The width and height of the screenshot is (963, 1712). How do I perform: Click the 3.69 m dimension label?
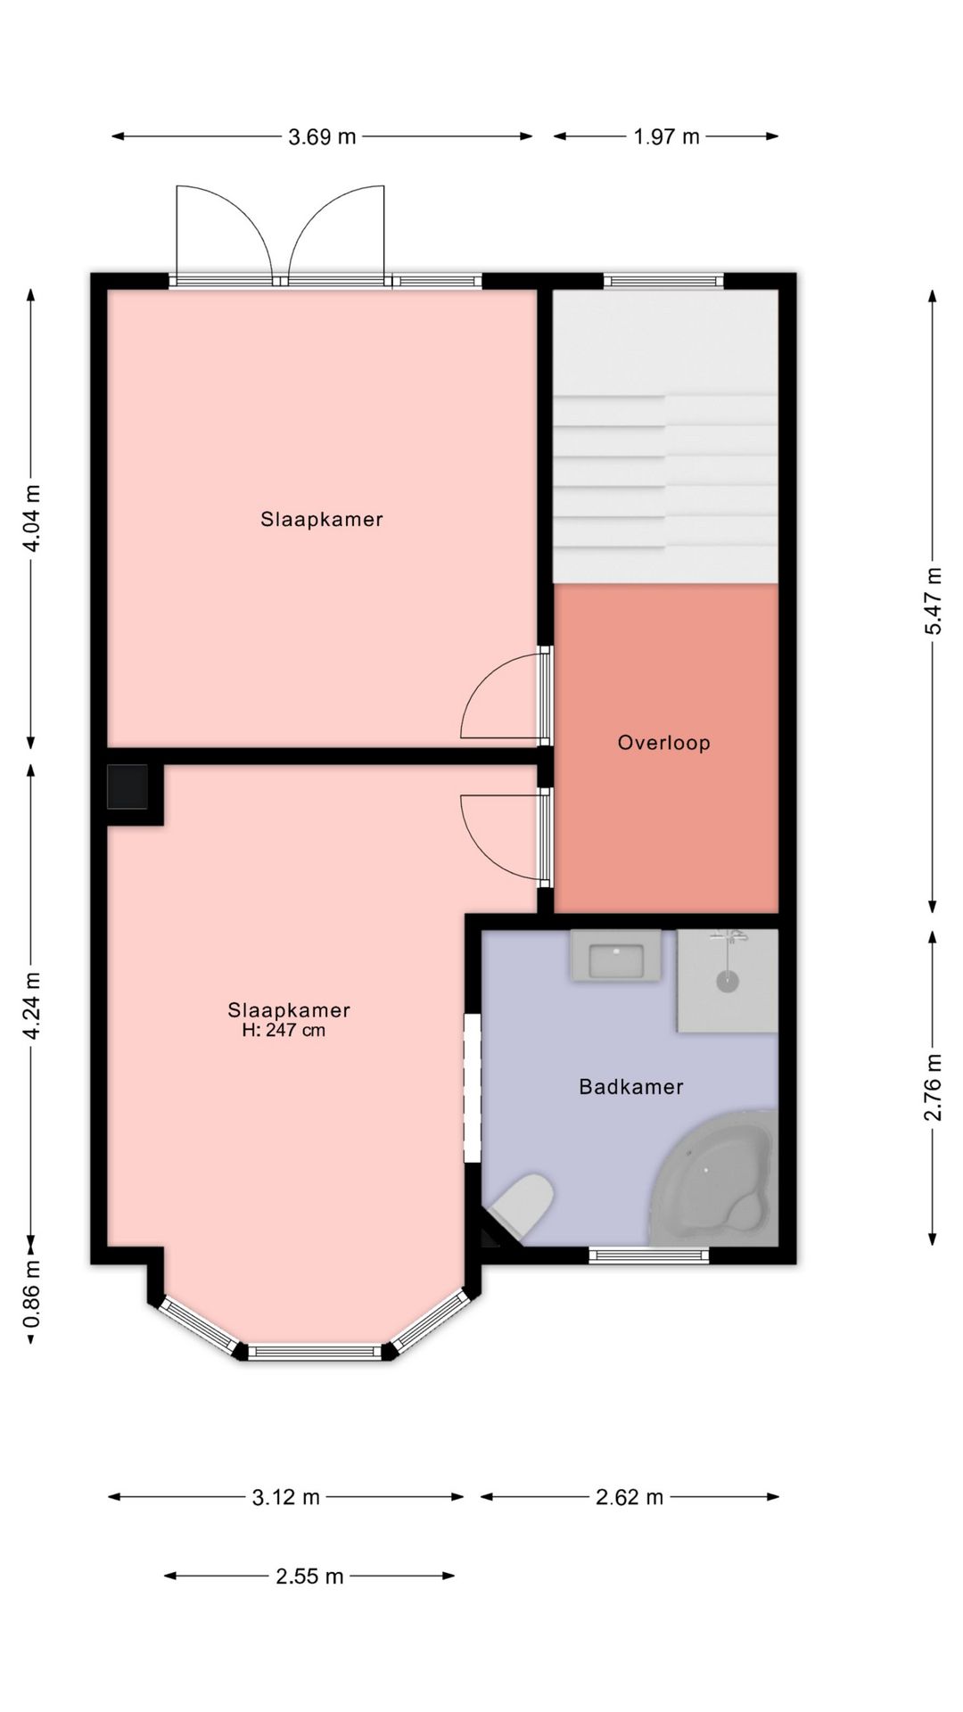coord(322,136)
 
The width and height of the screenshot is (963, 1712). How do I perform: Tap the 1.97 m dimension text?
coord(666,136)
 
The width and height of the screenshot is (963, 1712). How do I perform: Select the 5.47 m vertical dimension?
coord(933,601)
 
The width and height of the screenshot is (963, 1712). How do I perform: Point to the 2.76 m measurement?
coord(933,1087)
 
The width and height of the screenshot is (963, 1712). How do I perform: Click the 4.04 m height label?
coord(32,518)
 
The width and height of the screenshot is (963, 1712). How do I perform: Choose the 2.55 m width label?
coord(309,1576)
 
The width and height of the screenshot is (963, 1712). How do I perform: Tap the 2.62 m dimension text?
coord(630,1497)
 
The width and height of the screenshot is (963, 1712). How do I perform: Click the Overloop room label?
coord(664,743)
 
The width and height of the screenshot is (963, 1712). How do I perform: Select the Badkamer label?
coord(631,1086)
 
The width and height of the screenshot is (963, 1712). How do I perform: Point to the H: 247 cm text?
coord(284,1031)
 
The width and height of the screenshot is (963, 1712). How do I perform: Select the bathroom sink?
coord(616,956)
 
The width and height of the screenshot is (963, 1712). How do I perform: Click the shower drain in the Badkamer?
coord(728,982)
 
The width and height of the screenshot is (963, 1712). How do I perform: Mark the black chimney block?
coord(128,786)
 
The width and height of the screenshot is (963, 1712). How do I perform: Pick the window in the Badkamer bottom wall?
coord(649,1255)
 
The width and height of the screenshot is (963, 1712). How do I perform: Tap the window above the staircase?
coord(663,281)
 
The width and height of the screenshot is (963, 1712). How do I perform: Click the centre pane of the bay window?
coord(315,1353)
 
